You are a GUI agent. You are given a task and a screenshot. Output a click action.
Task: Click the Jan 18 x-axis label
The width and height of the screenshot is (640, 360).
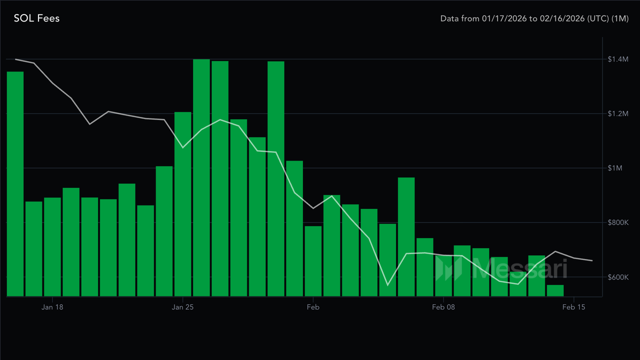52,307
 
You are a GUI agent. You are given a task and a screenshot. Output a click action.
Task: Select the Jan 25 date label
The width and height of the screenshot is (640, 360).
182,307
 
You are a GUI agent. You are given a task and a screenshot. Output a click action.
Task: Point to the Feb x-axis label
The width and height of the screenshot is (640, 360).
313,307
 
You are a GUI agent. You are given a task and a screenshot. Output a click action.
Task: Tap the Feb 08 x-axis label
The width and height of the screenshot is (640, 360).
443,307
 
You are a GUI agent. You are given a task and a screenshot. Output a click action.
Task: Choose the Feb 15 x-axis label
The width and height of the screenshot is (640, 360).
574,307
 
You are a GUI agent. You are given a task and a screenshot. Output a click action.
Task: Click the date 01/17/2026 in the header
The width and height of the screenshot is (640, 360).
501,18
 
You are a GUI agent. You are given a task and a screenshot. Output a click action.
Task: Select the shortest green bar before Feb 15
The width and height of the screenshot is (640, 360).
555,290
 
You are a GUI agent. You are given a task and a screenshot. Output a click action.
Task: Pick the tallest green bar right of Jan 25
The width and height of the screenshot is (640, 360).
201,177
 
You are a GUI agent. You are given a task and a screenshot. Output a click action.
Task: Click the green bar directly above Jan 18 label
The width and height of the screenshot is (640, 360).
52,247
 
